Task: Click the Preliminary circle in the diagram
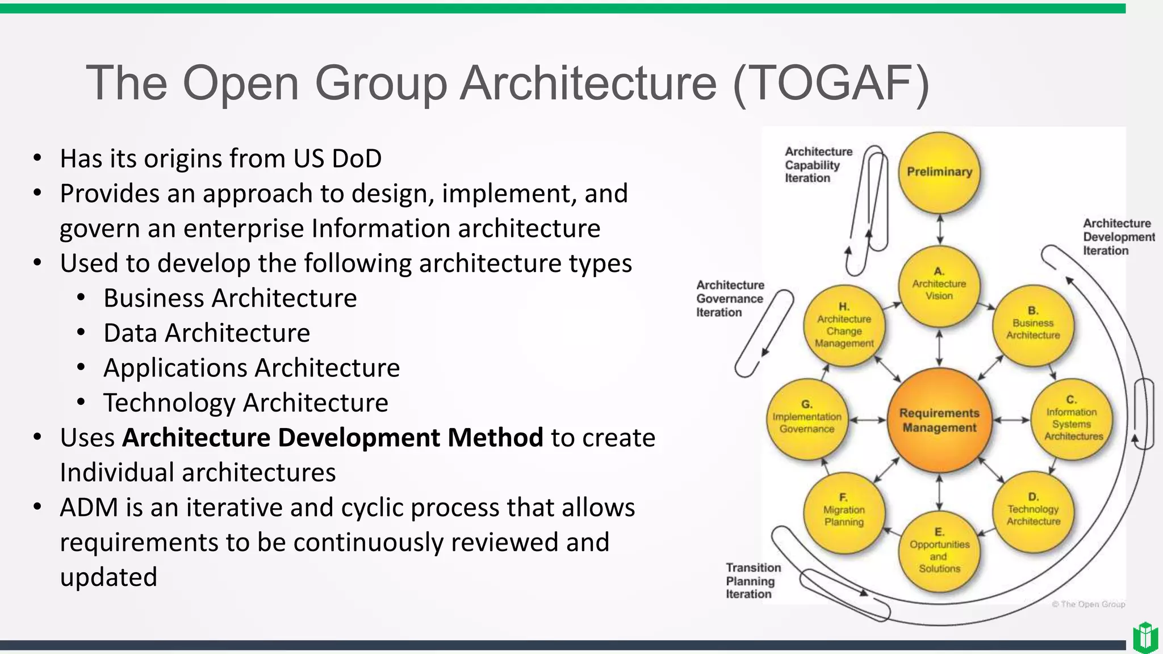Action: [939, 172]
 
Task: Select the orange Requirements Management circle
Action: [939, 420]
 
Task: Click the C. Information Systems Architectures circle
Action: [1072, 420]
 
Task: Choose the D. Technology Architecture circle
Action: [1033, 511]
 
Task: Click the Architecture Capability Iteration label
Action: [818, 165]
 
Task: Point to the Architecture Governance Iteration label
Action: [730, 299]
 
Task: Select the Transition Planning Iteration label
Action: [752, 581]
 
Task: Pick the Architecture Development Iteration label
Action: [1118, 237]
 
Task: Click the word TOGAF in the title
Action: [831, 83]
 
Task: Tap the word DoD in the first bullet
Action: [356, 158]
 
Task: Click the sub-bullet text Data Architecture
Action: [207, 333]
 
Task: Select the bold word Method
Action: [495, 438]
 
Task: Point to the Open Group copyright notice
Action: [1088, 604]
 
